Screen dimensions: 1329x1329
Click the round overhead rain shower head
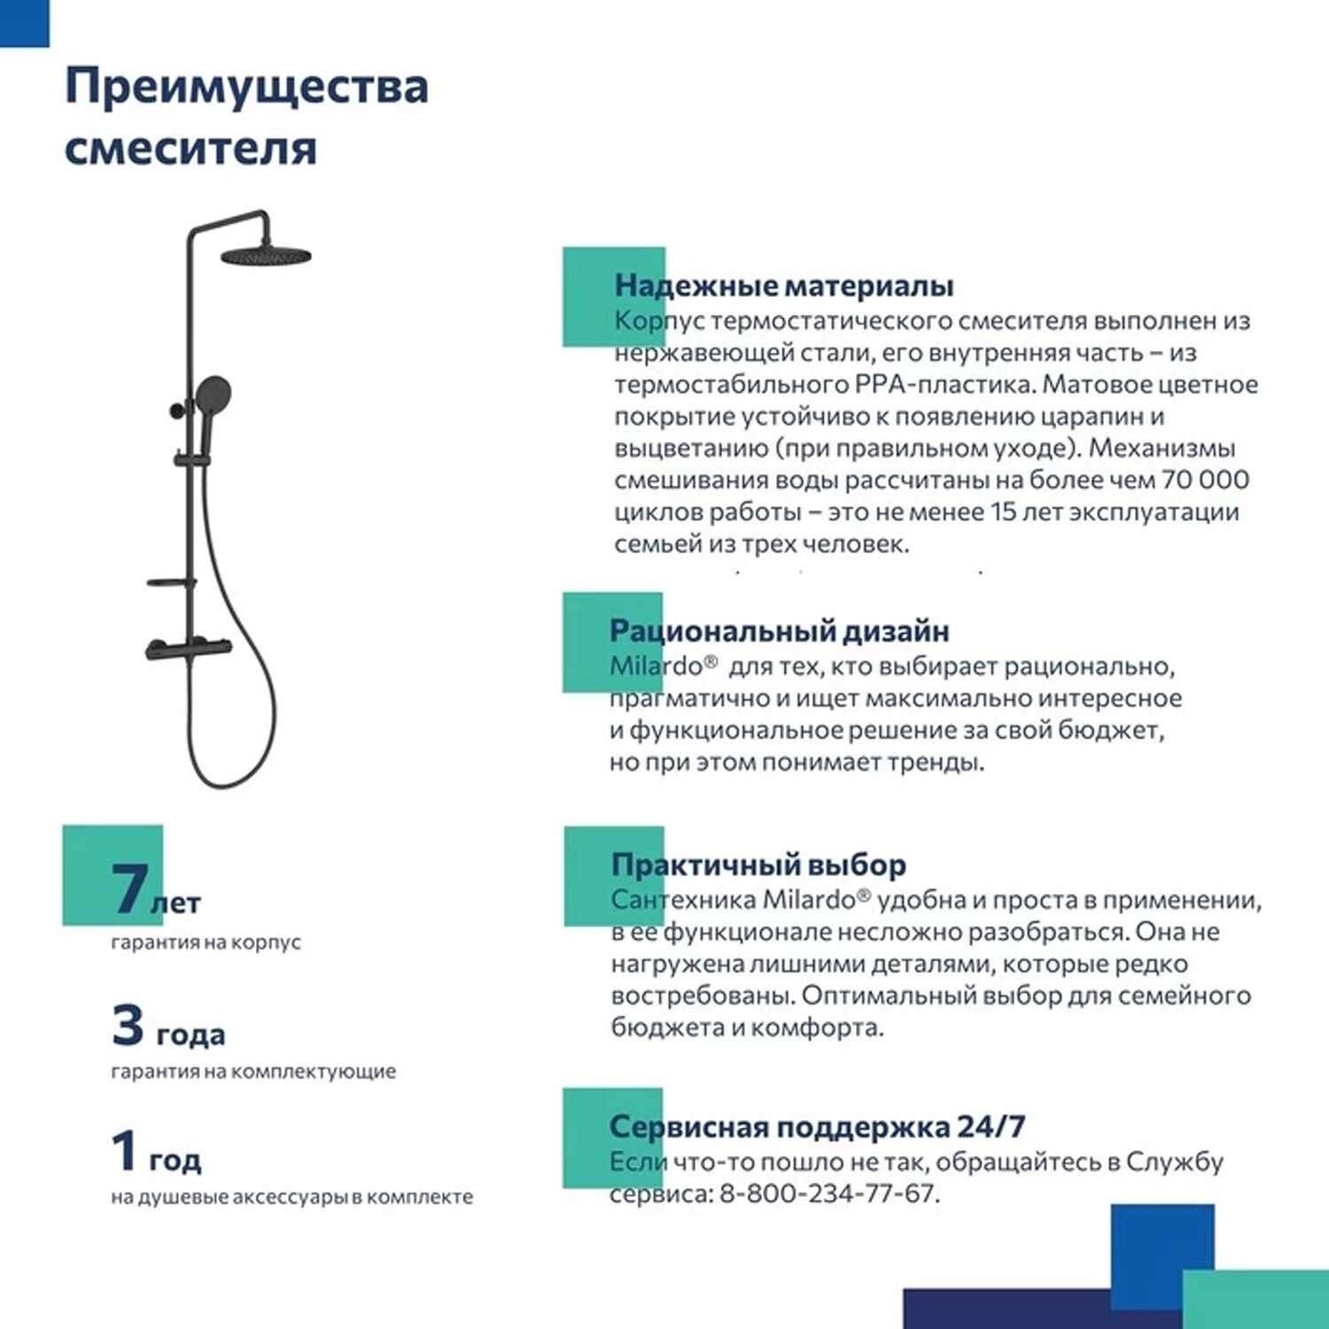tap(265, 256)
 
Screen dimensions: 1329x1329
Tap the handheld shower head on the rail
tap(214, 392)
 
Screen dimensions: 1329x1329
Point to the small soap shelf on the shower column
tap(171, 583)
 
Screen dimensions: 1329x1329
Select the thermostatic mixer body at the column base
tap(188, 649)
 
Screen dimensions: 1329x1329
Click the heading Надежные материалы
tap(783, 285)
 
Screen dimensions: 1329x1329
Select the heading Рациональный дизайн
tap(779, 631)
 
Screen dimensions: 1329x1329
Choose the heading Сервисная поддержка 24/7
tap(817, 1126)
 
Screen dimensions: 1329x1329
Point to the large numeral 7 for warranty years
tap(129, 888)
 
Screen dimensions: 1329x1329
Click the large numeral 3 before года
tap(128, 1025)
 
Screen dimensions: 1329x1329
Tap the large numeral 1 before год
tap(125, 1150)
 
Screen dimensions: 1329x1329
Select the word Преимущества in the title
tap(246, 88)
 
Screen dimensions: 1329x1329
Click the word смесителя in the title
tap(190, 147)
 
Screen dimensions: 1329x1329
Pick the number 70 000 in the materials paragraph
tap(1205, 480)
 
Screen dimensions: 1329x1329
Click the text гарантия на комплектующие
tap(253, 1071)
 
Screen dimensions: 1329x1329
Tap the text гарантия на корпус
tap(206, 942)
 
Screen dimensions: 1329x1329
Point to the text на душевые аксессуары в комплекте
tap(291, 1197)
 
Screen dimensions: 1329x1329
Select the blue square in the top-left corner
tap(24, 22)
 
